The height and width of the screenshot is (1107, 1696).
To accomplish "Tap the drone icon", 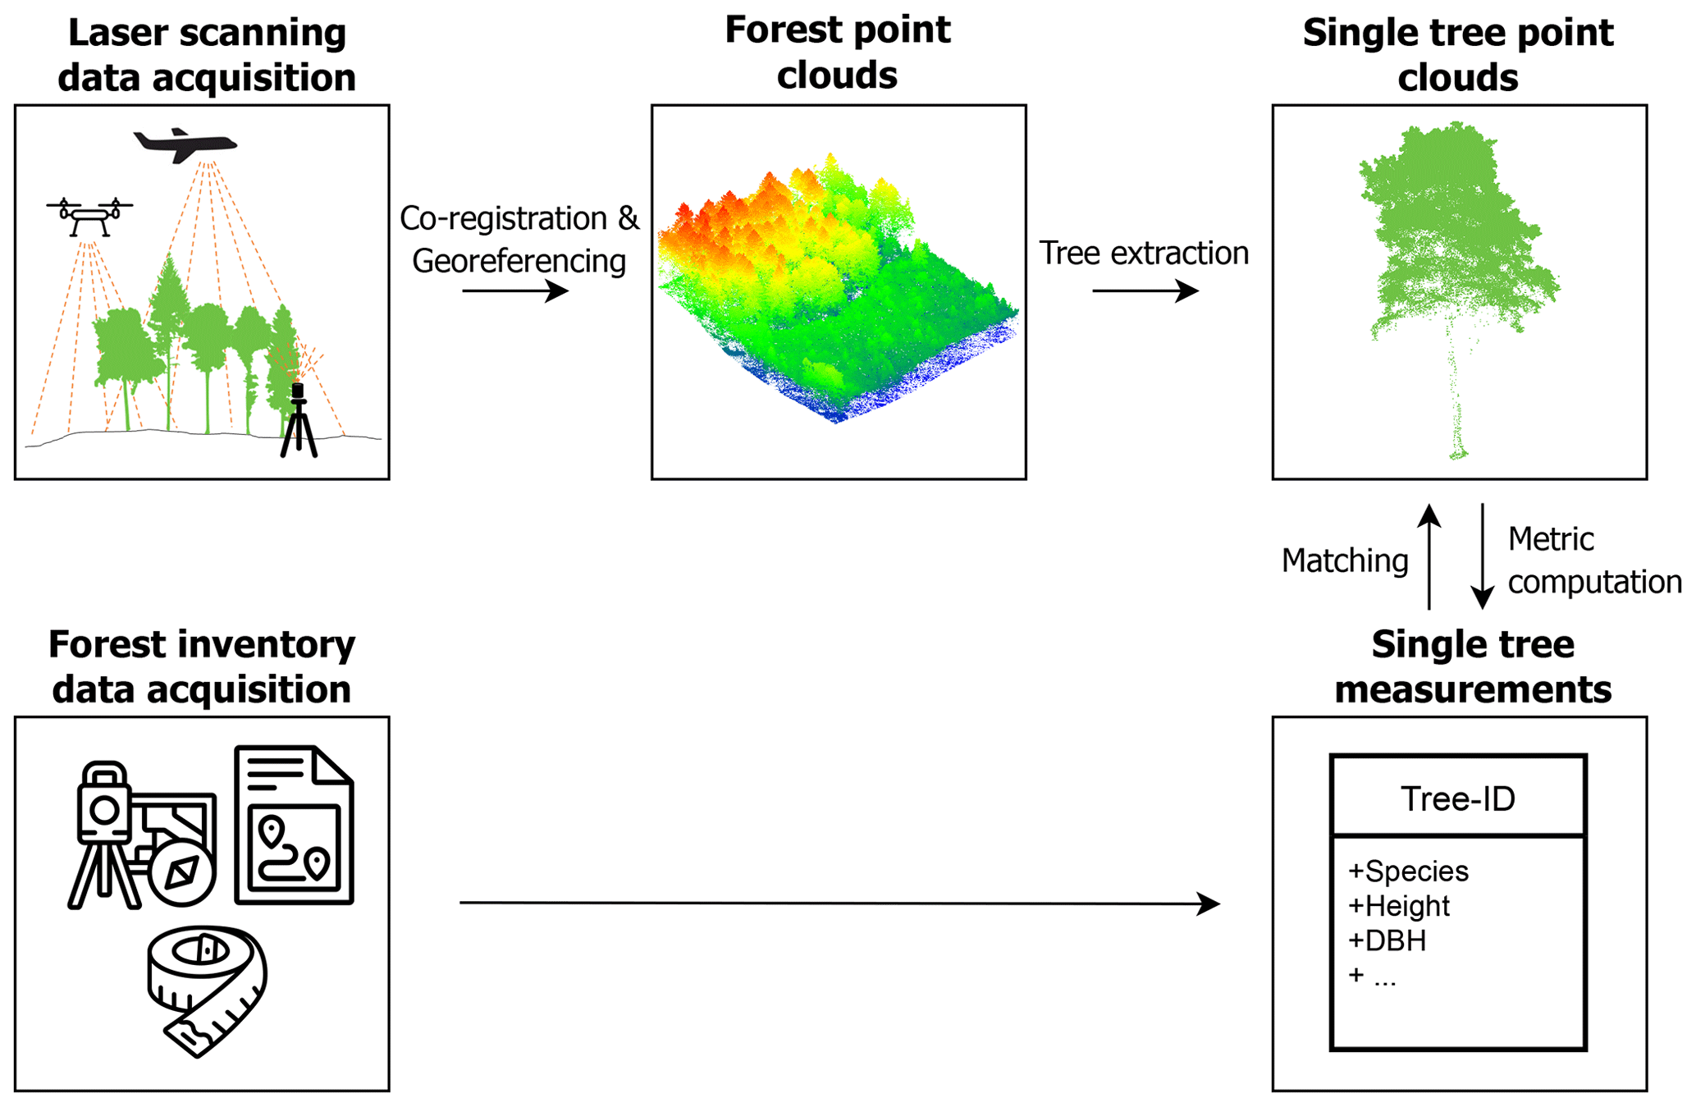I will click(89, 215).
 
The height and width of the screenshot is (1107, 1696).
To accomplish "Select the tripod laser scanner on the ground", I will click(299, 419).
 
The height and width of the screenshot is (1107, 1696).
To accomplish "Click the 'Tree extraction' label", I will click(1144, 254).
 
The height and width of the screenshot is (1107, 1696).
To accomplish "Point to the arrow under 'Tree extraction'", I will click(1145, 290).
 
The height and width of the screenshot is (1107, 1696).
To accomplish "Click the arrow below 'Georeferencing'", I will click(515, 290).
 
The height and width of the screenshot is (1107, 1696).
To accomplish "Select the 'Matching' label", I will click(1345, 561).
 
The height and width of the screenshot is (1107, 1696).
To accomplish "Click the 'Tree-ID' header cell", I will click(1458, 798).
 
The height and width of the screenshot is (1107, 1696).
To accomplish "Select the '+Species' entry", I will click(1408, 871).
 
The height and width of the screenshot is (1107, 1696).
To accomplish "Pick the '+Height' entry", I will click(1399, 906).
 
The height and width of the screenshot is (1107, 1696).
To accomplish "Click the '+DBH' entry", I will click(1387, 940).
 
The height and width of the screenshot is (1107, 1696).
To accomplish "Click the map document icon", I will click(295, 825).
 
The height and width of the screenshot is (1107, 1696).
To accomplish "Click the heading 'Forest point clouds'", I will click(838, 53).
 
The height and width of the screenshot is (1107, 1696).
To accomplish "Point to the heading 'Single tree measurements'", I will click(1473, 666).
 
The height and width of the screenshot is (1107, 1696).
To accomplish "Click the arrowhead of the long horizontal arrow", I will click(1209, 903).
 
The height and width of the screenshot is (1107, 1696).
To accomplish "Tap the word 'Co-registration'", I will click(503, 219).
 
